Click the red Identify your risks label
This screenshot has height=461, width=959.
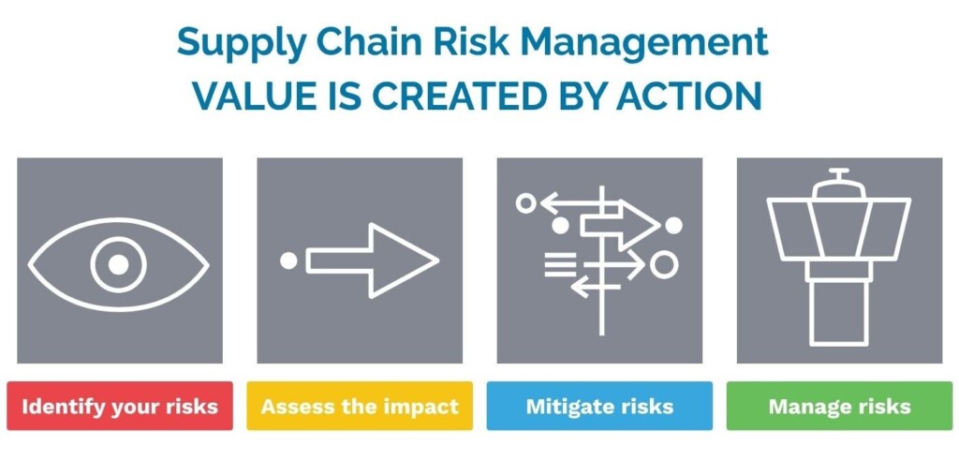(119, 406)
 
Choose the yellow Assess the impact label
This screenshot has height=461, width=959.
(360, 406)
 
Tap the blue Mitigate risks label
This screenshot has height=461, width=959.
(599, 406)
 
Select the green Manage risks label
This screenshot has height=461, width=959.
(839, 406)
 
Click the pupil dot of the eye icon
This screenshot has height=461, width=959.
(119, 264)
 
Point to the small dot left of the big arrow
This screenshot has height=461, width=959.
(288, 260)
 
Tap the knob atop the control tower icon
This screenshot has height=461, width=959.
(839, 173)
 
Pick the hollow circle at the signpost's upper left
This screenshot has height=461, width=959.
(526, 201)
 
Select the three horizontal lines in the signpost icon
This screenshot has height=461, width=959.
(560, 266)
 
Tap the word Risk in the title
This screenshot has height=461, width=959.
(474, 41)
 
